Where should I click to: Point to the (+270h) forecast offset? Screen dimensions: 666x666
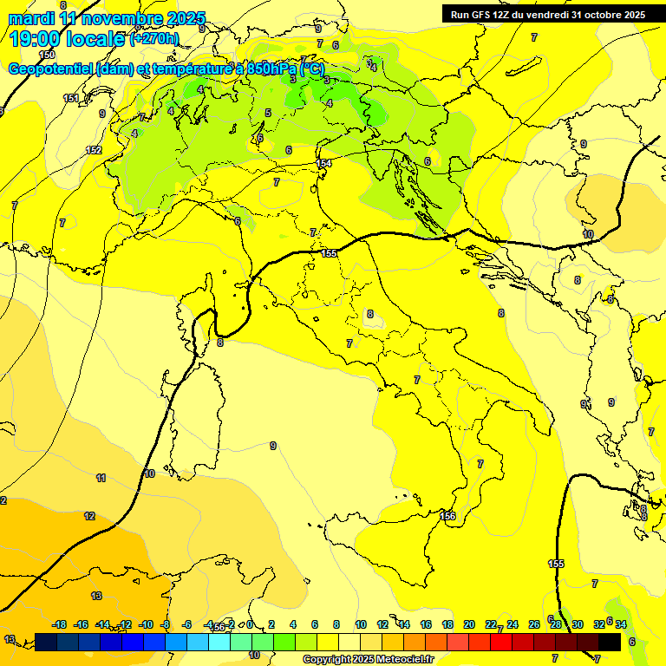154,38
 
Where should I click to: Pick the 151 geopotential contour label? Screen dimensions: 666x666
71,98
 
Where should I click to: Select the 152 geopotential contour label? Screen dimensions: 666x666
94,150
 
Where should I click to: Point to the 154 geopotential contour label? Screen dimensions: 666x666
324,163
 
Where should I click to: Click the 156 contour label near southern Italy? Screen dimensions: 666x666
447,516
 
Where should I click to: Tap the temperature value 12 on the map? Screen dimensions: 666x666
89,516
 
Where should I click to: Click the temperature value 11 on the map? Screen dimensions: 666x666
101,478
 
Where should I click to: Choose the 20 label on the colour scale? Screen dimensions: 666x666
469,624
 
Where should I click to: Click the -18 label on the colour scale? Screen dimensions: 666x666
60,624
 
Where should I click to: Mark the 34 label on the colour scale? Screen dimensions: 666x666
621,624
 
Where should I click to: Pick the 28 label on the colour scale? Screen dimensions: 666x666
555,624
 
